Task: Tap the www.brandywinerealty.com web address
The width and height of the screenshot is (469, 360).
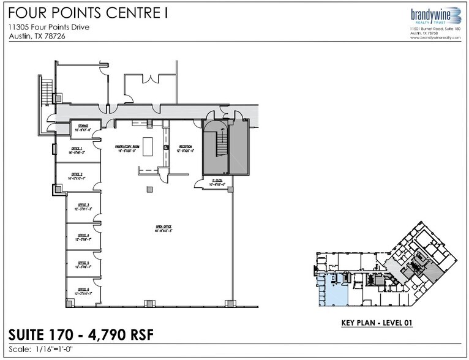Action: tap(433, 38)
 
